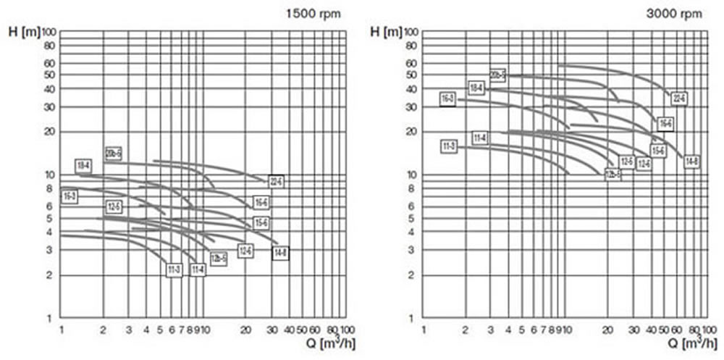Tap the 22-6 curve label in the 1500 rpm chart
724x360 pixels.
276,181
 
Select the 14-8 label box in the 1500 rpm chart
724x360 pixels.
280,252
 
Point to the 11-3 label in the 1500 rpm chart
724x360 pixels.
174,270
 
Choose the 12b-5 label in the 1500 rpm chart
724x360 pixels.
219,259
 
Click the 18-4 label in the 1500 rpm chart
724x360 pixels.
83,166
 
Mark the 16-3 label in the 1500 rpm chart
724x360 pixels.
70,196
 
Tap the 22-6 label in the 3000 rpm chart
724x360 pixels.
678,98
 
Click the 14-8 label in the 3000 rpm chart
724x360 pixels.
691,161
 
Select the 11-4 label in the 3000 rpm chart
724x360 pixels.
480,138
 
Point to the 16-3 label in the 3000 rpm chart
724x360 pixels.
448,99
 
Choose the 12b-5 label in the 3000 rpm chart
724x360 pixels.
613,175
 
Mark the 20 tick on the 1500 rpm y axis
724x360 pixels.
51,132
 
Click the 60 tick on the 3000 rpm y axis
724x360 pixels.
413,63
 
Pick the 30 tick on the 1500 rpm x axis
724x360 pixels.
273,330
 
